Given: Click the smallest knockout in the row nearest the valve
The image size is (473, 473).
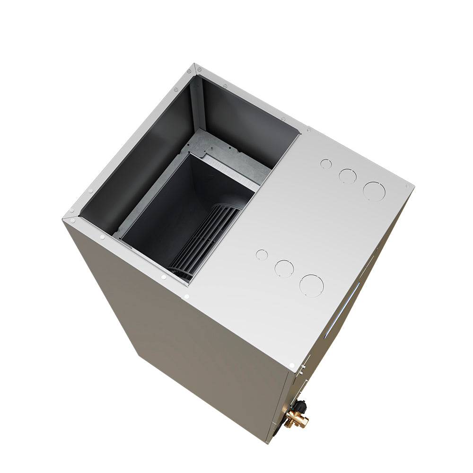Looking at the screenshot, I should tap(262, 254).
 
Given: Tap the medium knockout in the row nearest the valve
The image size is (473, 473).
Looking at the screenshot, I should tap(284, 268).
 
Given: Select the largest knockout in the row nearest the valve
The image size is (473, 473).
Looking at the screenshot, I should tap(311, 286).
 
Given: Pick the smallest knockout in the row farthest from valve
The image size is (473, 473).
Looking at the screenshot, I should tap(326, 164).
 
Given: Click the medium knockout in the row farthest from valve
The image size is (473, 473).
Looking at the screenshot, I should tap(348, 176).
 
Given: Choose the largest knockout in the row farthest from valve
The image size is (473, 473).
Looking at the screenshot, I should tap(374, 191).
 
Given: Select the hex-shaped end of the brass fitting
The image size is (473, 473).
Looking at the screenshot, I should tap(303, 422).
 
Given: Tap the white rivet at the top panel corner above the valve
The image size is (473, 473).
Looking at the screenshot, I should tap(292, 366).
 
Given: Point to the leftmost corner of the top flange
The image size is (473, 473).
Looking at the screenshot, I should tap(64, 219).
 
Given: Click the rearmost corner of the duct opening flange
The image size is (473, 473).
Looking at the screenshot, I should tap(195, 65).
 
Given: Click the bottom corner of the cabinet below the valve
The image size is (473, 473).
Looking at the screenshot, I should tap(267, 442).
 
